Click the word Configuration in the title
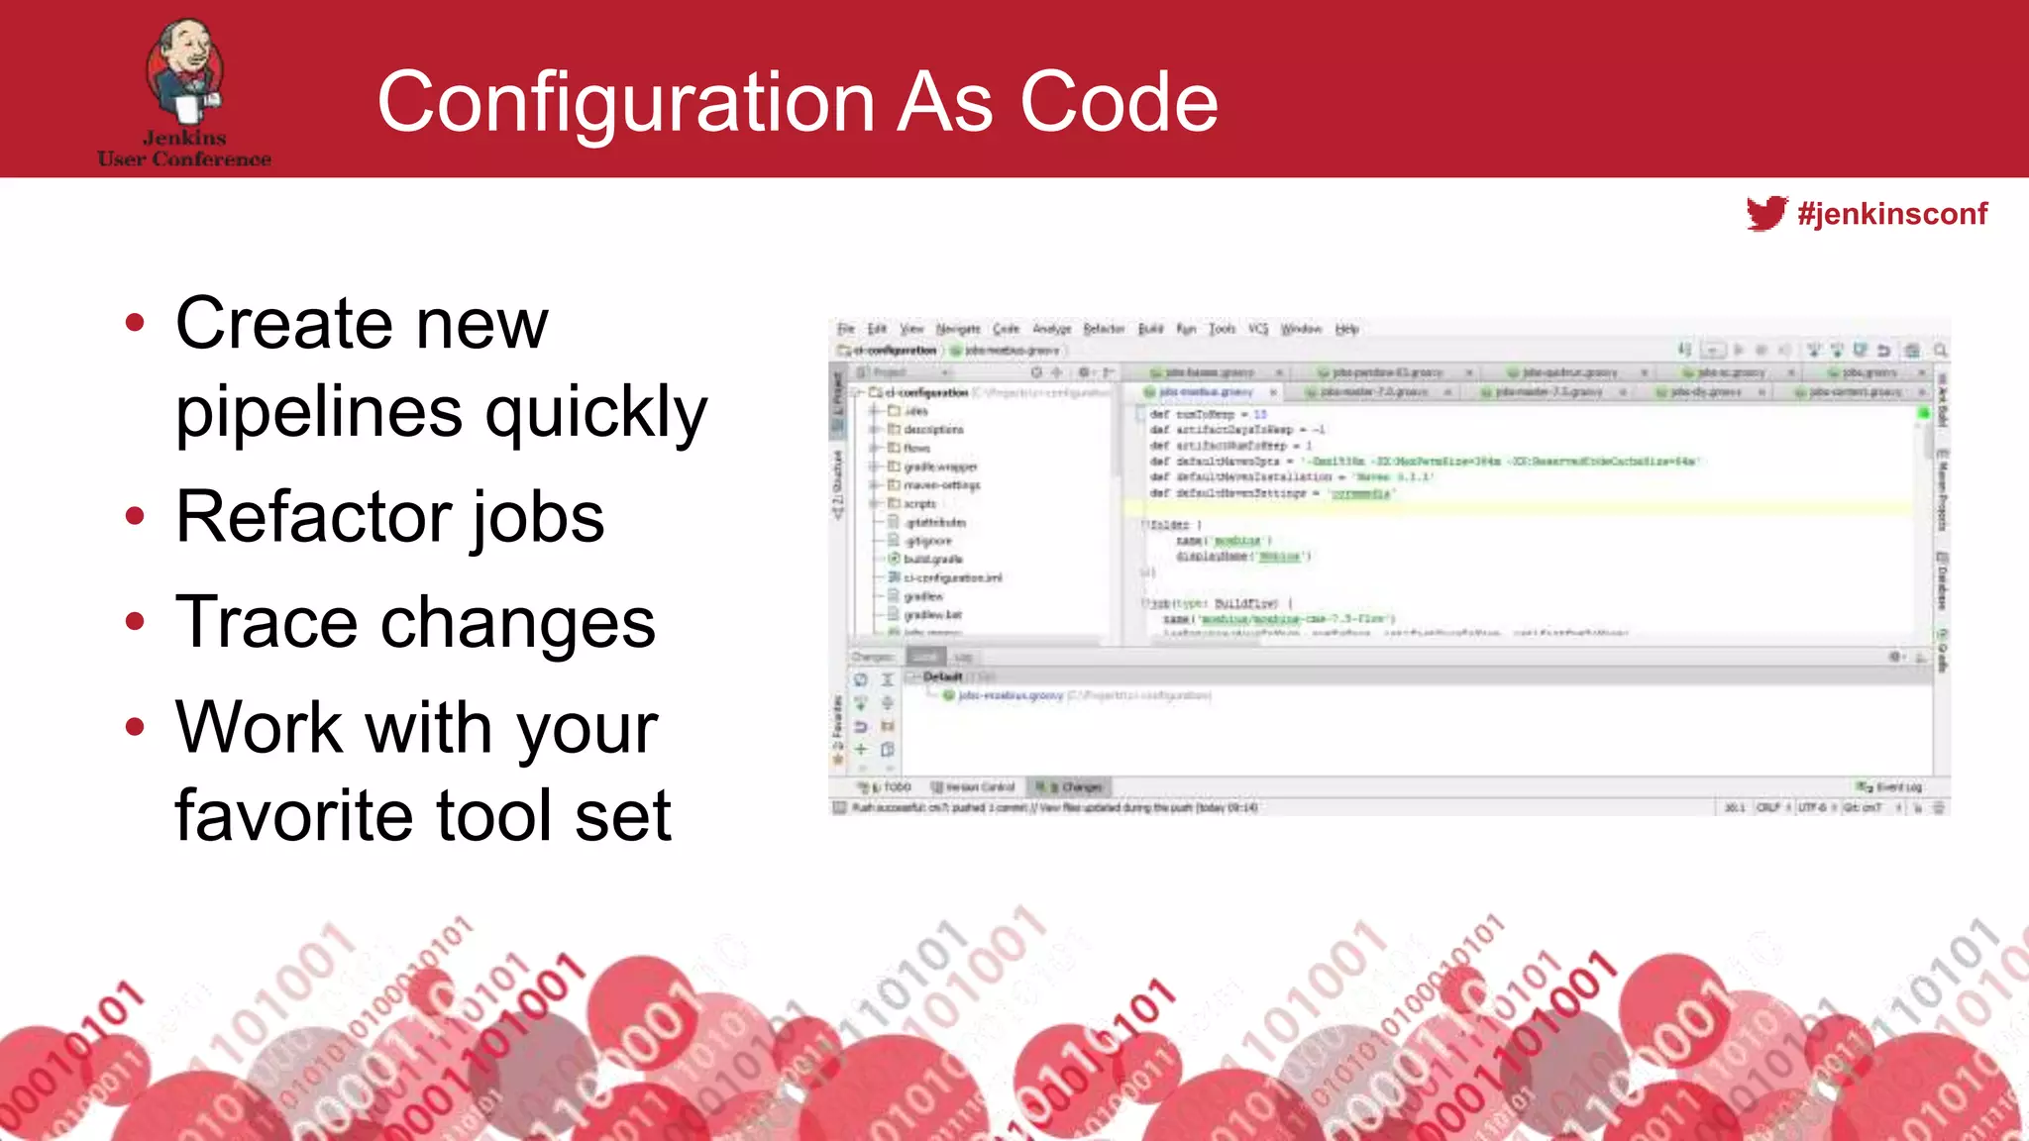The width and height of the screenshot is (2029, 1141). point(625,102)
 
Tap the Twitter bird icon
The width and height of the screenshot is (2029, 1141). point(1765,213)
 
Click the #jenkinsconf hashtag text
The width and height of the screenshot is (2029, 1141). point(1891,214)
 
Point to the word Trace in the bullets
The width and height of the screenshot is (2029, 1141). point(267,623)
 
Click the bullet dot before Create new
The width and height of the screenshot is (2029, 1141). point(136,323)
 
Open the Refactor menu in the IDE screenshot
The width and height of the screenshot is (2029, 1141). point(1104,329)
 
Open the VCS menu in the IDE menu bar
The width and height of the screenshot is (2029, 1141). point(1257,329)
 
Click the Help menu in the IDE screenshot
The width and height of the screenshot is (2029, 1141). point(1346,329)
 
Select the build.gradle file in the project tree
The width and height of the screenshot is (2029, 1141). point(932,559)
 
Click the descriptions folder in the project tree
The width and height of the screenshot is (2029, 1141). point(932,430)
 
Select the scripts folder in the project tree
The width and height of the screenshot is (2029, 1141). point(919,503)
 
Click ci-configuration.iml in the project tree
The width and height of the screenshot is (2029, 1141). point(952,577)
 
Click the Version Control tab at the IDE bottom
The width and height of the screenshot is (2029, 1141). point(980,786)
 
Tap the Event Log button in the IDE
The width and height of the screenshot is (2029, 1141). point(1897,786)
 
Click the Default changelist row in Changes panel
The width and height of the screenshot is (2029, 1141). point(942,676)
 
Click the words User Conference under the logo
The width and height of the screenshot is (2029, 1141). point(184,158)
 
